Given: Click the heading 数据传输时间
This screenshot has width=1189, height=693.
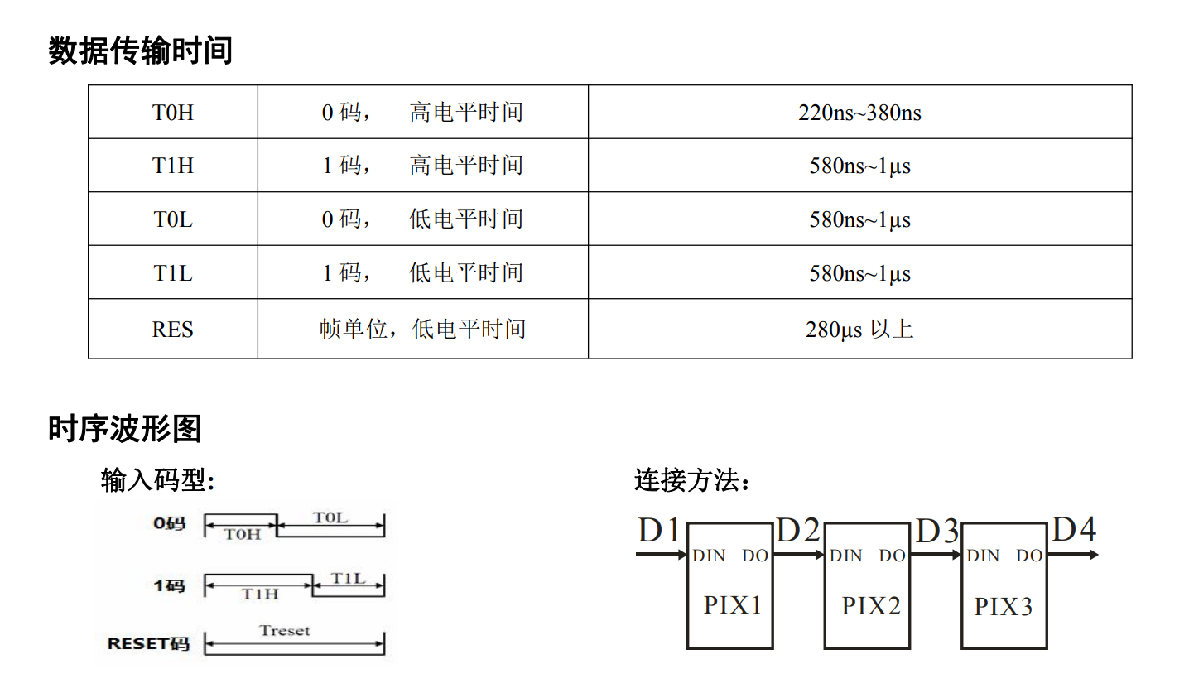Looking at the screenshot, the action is [x=140, y=51].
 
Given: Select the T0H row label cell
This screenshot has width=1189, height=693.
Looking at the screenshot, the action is [x=173, y=113].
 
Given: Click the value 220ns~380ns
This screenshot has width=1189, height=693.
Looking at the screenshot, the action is [x=859, y=113].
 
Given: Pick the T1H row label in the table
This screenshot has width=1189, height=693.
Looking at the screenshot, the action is [x=173, y=166].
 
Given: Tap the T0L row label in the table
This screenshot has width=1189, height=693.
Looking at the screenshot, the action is [x=173, y=219].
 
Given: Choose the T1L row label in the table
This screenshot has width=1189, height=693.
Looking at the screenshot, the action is [x=173, y=272].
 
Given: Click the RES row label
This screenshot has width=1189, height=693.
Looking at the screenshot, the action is [x=173, y=330].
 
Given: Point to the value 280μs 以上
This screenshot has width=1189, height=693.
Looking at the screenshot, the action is [x=859, y=330].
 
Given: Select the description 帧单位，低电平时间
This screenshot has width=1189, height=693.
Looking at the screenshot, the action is [x=422, y=330].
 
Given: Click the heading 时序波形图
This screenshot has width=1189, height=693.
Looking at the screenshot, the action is [x=125, y=429].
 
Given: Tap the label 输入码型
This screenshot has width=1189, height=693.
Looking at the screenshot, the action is [x=157, y=479].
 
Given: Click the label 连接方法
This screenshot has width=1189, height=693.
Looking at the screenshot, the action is [x=692, y=479].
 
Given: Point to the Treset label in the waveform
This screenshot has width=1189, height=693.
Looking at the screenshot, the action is [x=285, y=631].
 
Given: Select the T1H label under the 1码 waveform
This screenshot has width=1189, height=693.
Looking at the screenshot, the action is [x=259, y=594].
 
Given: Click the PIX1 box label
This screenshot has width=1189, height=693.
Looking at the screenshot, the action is [x=732, y=605].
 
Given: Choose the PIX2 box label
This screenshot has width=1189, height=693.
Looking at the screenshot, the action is [x=870, y=606].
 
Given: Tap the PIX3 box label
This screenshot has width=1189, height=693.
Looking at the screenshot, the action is [x=1004, y=607].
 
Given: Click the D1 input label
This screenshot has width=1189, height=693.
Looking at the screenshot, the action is [x=658, y=530].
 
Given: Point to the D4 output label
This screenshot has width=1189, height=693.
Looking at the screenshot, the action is [x=1073, y=530].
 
